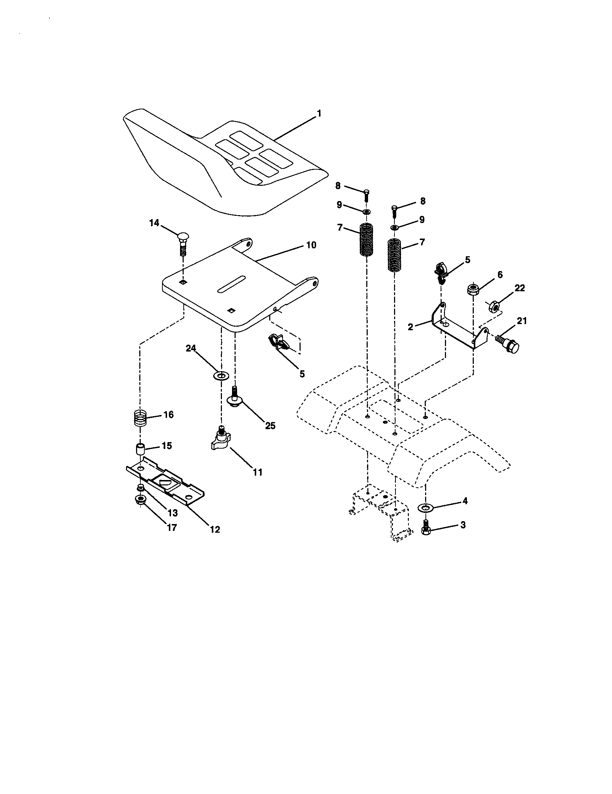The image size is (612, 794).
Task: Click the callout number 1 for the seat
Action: (x=319, y=114)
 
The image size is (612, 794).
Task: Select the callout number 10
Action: (x=311, y=245)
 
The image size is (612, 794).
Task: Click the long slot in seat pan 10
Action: (x=231, y=284)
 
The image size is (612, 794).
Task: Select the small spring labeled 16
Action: (x=140, y=419)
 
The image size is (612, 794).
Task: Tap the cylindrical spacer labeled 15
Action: (x=140, y=449)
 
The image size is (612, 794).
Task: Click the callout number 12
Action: (x=215, y=530)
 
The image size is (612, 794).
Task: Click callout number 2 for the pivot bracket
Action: (x=410, y=327)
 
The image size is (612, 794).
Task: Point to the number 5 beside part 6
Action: (x=467, y=260)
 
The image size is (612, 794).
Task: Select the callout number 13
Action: (x=172, y=513)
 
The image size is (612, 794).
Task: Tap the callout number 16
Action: (x=168, y=415)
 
